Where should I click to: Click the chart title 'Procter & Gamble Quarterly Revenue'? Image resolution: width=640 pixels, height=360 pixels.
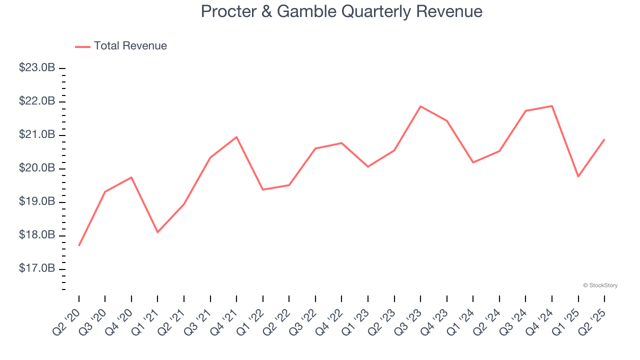(341, 11)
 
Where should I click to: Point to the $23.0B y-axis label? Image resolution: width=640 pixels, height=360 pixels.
(37, 68)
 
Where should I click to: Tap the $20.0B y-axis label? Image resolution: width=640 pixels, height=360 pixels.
(37, 168)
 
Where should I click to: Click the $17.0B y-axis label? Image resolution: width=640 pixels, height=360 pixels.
(37, 269)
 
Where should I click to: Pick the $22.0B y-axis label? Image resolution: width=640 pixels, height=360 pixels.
(37, 101)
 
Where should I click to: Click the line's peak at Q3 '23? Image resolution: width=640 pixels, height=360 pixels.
(420, 106)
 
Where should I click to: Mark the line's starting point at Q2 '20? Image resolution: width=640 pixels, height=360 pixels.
(79, 245)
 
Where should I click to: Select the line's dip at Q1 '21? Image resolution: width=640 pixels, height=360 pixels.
(157, 232)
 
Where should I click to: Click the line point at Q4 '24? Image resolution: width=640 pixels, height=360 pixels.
(552, 106)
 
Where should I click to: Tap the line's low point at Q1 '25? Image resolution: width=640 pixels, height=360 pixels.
(578, 176)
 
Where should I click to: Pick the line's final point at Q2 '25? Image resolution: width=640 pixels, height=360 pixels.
(604, 139)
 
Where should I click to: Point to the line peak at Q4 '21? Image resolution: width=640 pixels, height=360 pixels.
(236, 137)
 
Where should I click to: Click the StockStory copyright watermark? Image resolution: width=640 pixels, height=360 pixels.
(600, 285)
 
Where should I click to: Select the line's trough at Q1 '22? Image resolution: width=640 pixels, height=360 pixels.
(263, 189)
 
